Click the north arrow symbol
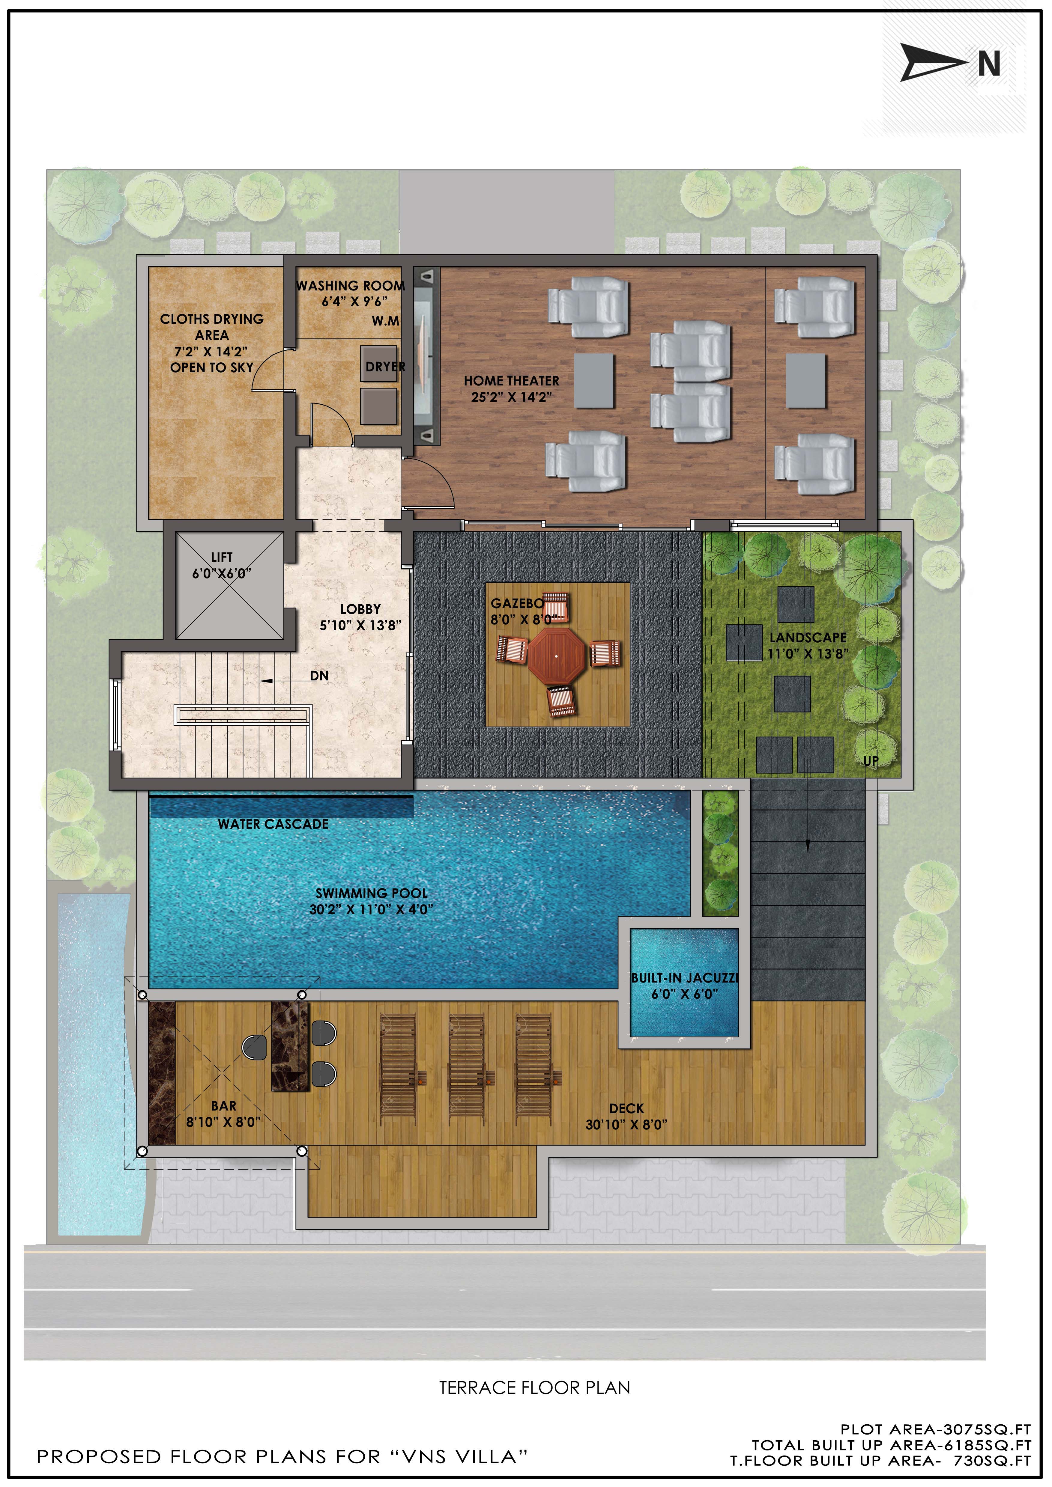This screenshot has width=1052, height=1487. coord(933,63)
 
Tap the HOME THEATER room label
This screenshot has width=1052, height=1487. coord(511,381)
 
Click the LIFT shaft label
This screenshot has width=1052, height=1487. coord(222,557)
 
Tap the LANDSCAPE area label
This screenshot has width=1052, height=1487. coord(808,637)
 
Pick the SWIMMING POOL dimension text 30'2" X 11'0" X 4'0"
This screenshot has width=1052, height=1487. coord(371,909)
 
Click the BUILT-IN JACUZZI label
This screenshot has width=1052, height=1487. coord(685,978)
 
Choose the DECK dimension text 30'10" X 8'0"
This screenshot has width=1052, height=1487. coord(626,1125)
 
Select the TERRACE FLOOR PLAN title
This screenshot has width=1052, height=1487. coord(534,1388)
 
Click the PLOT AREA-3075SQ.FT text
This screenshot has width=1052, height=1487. coord(935,1429)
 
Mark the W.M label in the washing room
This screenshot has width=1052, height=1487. coord(385,321)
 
